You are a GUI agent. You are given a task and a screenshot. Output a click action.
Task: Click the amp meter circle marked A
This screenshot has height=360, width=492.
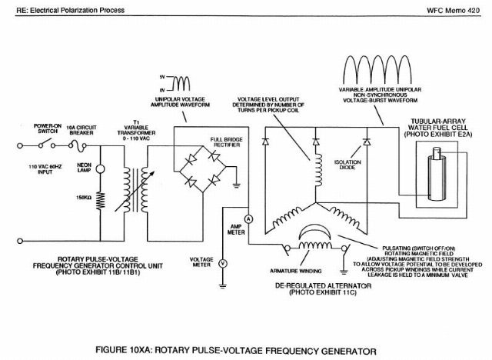tap(248, 218)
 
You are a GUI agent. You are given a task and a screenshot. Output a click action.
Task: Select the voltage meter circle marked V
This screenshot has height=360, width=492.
tap(223, 263)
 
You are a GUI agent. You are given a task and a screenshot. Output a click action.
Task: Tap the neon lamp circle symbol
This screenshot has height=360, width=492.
tap(100, 169)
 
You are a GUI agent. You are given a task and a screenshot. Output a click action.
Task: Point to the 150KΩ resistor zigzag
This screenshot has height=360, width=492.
tap(101, 201)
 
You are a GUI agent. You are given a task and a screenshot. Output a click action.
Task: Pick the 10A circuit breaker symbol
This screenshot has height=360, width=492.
tap(78, 145)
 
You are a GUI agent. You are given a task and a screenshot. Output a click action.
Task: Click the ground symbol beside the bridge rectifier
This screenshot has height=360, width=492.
tap(236, 185)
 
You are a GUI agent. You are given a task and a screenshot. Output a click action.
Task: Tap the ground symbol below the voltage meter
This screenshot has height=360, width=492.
tap(223, 286)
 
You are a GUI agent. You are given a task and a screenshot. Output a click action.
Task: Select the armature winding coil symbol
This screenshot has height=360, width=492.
tap(314, 245)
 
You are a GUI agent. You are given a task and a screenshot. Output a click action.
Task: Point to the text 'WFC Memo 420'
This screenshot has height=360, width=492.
tap(453, 10)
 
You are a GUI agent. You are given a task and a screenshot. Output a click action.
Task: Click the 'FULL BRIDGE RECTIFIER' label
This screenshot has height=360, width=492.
tap(227, 142)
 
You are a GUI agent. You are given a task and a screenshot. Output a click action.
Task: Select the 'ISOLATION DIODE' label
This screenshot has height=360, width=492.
tap(347, 165)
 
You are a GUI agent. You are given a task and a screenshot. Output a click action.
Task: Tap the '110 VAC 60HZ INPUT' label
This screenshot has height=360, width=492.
tap(45, 169)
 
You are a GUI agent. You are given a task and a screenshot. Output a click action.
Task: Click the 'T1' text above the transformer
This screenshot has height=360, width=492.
tap(136, 122)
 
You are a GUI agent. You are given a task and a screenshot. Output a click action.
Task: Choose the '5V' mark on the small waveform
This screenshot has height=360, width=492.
tap(162, 77)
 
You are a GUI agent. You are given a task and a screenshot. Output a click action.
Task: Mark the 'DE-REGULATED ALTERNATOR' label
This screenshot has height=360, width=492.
tap(323, 286)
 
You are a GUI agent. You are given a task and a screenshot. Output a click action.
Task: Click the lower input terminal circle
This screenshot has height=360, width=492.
tap(20, 241)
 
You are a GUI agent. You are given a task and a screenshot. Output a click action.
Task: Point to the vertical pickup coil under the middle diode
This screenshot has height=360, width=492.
tap(317, 170)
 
